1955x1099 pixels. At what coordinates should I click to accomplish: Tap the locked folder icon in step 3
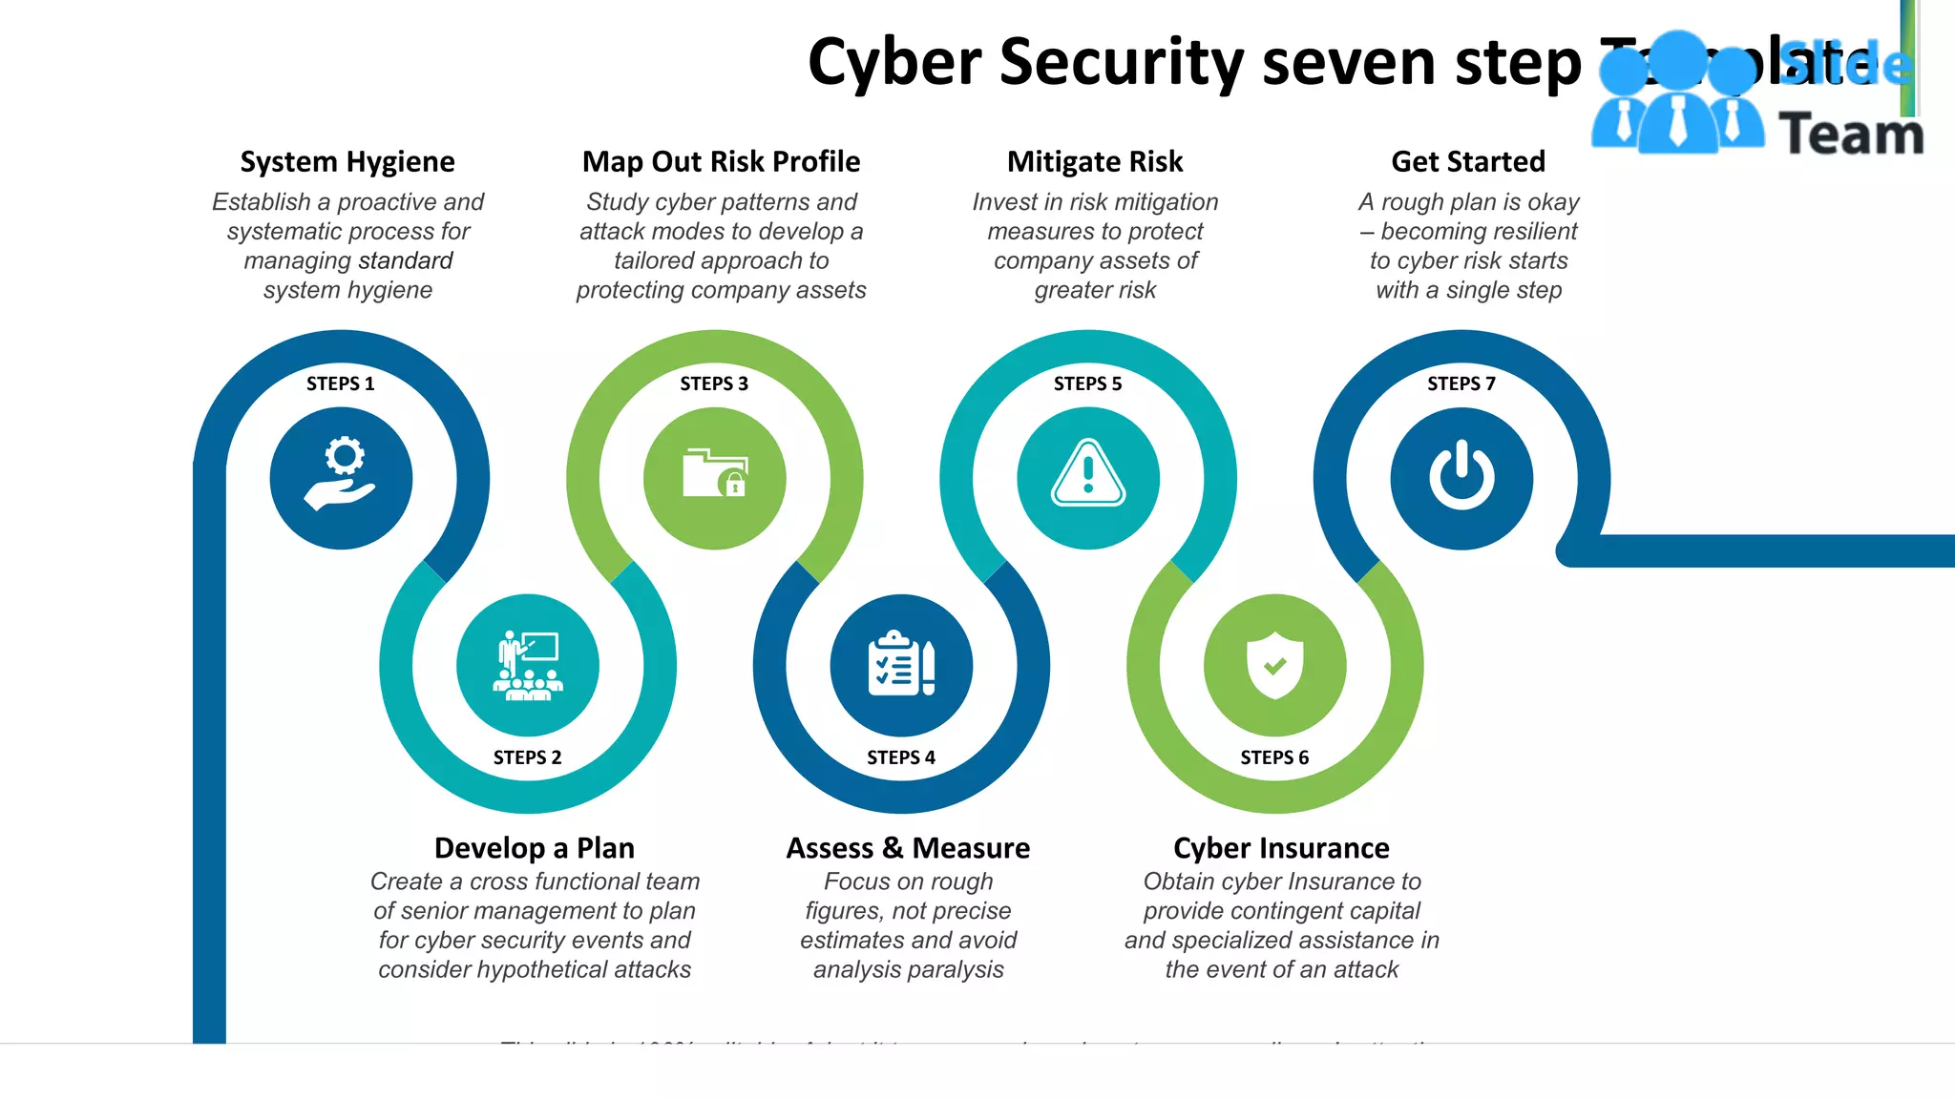[x=715, y=474]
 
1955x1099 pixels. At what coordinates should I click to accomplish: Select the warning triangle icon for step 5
[x=1088, y=474]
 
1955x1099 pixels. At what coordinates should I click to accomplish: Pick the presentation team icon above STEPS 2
[x=528, y=665]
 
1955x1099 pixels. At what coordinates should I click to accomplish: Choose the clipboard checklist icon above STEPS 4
[x=901, y=664]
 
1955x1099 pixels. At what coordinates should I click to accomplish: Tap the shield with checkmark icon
[x=1274, y=665]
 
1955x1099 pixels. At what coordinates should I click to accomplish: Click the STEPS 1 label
[x=341, y=384]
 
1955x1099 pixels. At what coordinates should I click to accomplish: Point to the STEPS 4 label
[x=901, y=757]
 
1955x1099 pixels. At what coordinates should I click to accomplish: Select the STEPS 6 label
[x=1274, y=757]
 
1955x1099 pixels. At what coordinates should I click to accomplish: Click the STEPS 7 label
[x=1461, y=384]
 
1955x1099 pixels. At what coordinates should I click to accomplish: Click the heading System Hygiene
[x=347, y=162]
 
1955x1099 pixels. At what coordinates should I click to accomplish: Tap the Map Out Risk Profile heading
[x=722, y=162]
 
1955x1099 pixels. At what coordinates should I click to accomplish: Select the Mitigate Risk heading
[x=1095, y=162]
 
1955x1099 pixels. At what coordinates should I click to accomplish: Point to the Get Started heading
[x=1468, y=162]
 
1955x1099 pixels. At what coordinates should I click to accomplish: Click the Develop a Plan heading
[x=535, y=848]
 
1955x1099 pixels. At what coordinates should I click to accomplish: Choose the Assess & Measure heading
[x=908, y=848]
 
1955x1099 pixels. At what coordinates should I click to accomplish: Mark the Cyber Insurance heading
[x=1281, y=848]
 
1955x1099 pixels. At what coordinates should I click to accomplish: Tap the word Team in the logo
[x=1851, y=135]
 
